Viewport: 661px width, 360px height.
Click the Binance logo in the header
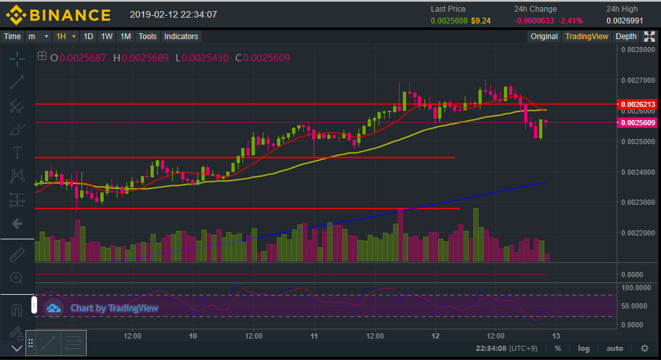coord(58,14)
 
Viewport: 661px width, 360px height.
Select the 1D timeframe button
coord(88,37)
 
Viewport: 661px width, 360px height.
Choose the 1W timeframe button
coord(107,37)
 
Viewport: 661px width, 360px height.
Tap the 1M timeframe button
coord(126,37)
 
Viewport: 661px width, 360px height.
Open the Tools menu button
coord(148,37)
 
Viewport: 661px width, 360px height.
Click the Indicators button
coord(181,37)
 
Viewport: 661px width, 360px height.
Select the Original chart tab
coord(544,37)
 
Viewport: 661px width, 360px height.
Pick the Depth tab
coord(626,37)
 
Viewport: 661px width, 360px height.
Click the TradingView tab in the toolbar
coord(587,37)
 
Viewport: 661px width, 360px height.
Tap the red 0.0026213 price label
coord(638,104)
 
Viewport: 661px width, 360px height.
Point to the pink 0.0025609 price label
coord(638,123)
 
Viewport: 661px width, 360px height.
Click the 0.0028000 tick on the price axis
coord(638,50)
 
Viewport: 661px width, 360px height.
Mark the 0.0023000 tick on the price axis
coord(638,202)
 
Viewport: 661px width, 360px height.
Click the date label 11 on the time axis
coord(314,336)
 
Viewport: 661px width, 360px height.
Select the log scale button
coord(583,348)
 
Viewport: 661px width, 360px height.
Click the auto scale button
coord(614,348)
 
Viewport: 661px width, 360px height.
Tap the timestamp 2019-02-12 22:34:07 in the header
coord(173,14)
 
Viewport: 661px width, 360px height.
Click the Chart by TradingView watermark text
coord(114,308)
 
